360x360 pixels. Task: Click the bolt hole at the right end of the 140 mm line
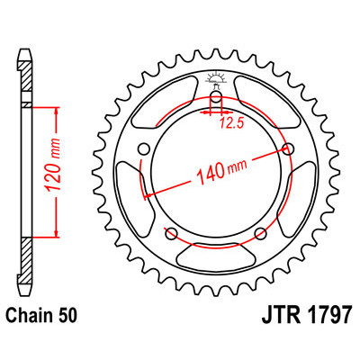288,148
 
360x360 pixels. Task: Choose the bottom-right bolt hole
260,234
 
